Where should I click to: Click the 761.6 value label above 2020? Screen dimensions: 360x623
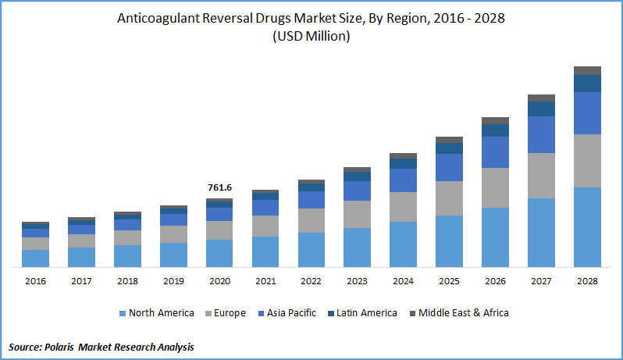tap(219, 187)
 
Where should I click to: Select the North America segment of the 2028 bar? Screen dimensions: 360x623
tap(587, 227)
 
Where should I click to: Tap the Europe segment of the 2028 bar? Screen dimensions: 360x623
tap(587, 161)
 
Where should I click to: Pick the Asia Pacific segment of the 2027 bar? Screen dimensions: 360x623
tap(541, 134)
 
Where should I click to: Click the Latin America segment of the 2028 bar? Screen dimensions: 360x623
tap(587, 84)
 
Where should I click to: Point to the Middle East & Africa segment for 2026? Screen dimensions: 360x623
tap(495, 121)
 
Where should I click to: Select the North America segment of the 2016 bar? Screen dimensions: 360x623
tap(35, 258)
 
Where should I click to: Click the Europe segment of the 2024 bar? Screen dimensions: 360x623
tap(403, 207)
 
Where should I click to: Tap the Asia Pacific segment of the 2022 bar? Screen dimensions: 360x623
tap(311, 200)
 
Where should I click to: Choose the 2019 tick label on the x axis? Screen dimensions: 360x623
tap(173, 280)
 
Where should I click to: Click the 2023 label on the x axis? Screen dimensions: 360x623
tap(357, 280)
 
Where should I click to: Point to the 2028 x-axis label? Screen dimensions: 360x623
tap(587, 280)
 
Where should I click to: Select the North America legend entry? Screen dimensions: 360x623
tap(157, 313)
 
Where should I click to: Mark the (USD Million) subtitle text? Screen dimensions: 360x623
tap(311, 37)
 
